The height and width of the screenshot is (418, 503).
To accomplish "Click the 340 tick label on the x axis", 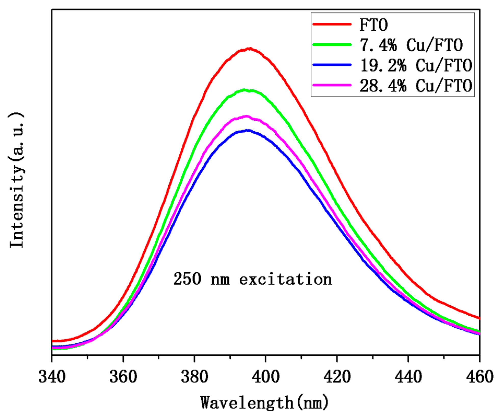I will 52,377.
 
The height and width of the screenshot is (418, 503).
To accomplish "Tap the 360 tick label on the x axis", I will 123,377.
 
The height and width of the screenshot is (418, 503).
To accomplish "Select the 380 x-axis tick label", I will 195,377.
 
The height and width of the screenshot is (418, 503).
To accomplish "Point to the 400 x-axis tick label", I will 266,377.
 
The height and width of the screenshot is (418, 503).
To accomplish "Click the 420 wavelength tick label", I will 337,377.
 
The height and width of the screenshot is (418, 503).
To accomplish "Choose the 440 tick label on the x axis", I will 408,377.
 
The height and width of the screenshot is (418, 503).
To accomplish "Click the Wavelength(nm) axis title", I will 264,403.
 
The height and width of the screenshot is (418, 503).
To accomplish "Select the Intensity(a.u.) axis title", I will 17,180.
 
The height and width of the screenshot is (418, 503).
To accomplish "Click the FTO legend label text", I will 373,25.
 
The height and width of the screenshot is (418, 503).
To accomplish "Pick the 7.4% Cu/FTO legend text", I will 411,45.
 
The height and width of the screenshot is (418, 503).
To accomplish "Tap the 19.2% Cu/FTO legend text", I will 416,65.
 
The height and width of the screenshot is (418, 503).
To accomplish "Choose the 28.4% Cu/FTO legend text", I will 416,86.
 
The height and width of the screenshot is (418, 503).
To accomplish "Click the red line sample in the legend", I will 332,24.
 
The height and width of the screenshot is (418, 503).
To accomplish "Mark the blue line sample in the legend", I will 332,65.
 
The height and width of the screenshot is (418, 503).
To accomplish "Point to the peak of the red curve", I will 250,48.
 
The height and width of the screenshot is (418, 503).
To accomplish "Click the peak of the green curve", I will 245,90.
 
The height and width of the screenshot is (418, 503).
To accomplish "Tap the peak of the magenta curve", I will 246,116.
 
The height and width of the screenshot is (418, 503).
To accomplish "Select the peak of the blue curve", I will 248,130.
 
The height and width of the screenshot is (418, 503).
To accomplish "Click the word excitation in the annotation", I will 286,280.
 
